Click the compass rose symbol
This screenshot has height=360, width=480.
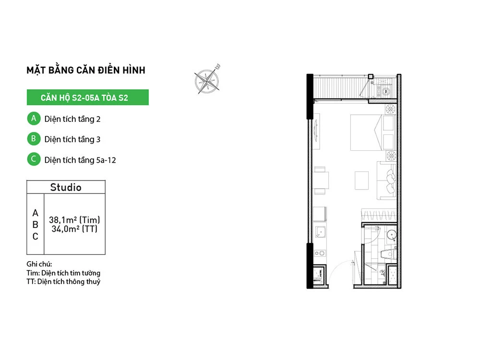(207, 80)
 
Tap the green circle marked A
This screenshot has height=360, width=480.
(34, 119)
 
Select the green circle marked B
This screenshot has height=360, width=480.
(34, 139)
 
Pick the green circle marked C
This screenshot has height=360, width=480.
(34, 159)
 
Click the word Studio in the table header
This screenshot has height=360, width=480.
(66, 187)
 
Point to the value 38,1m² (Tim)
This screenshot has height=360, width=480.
(74, 220)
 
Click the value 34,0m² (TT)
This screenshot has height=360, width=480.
(74, 229)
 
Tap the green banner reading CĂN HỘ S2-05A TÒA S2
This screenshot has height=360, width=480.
(87, 97)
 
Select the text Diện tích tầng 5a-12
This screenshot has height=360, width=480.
(80, 160)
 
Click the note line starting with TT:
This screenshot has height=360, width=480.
(63, 282)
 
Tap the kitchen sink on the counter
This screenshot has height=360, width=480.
(321, 232)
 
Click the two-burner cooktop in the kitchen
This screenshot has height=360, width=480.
(320, 253)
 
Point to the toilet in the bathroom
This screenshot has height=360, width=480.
(388, 254)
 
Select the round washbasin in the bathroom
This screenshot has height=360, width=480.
(392, 235)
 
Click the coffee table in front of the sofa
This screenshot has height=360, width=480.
(361, 180)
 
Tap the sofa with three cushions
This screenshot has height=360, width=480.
(386, 180)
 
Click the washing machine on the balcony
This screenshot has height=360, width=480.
(386, 91)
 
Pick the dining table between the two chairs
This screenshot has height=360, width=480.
(321, 180)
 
